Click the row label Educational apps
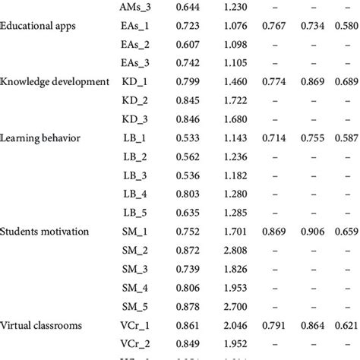tap(39, 27)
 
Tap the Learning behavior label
tap(37, 137)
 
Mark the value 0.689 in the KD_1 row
tap(346, 82)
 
